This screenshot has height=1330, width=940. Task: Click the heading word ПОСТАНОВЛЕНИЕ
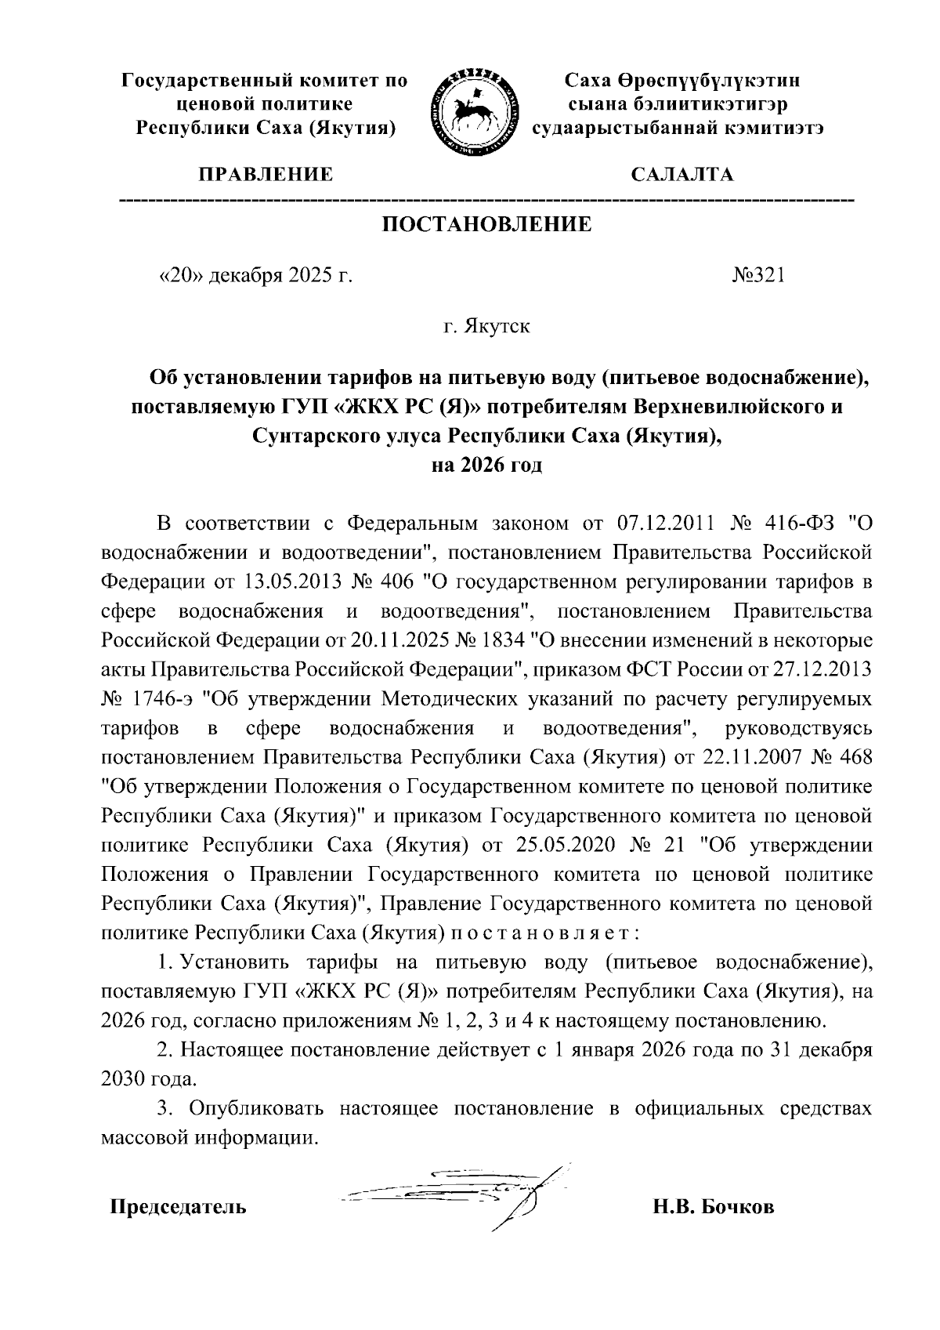[x=486, y=226]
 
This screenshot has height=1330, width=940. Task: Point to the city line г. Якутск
[x=486, y=326]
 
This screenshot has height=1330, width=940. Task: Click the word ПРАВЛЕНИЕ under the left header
[x=266, y=175]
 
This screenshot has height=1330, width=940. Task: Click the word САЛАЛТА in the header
[x=682, y=175]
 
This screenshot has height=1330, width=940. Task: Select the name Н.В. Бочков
[x=714, y=1207]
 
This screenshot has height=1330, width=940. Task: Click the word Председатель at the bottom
[x=178, y=1207]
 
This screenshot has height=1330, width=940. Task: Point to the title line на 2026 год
[x=486, y=465]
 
